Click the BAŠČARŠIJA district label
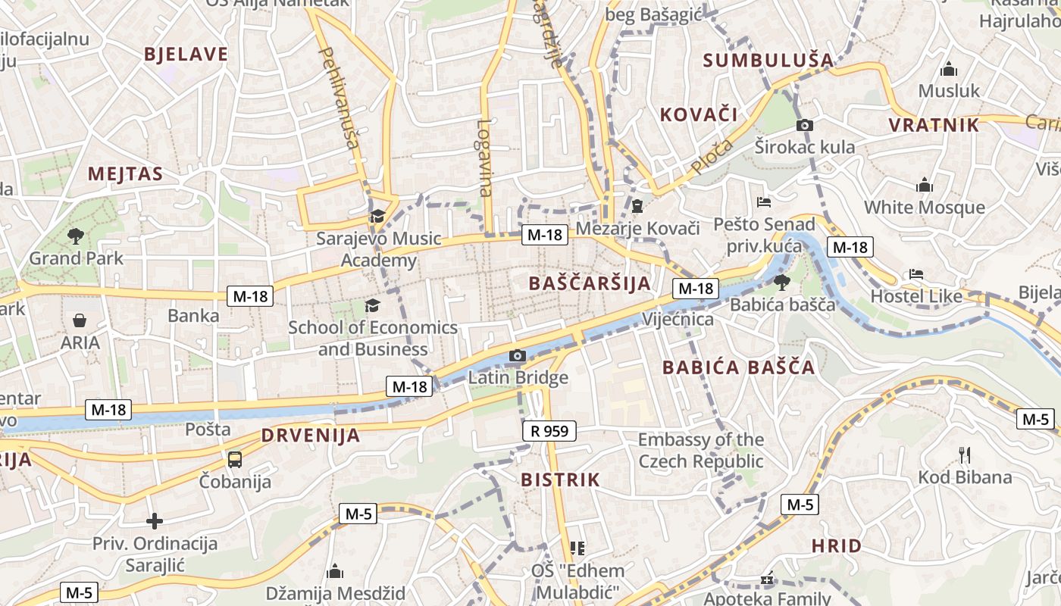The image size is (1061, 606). [589, 284]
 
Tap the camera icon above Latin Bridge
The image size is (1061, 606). [518, 355]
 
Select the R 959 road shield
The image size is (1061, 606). [549, 432]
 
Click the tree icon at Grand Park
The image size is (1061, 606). [75, 236]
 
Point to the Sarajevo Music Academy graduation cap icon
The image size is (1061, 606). [377, 217]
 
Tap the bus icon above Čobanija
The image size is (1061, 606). [235, 459]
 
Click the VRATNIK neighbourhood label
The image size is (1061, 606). [934, 126]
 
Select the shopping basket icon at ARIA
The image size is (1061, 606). [80, 320]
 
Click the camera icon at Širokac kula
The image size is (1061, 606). [804, 125]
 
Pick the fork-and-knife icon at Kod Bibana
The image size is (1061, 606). [965, 455]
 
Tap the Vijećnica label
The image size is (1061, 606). [678, 319]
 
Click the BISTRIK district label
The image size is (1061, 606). [560, 479]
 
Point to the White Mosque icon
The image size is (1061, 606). [924, 186]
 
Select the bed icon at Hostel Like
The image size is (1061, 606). [916, 274]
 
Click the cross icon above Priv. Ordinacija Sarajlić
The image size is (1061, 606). [155, 521]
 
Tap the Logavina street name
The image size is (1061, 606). [485, 158]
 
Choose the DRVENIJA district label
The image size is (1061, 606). [311, 436]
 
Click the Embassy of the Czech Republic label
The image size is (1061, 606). [701, 450]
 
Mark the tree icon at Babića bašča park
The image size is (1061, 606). [781, 283]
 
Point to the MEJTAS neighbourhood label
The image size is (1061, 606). [125, 174]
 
